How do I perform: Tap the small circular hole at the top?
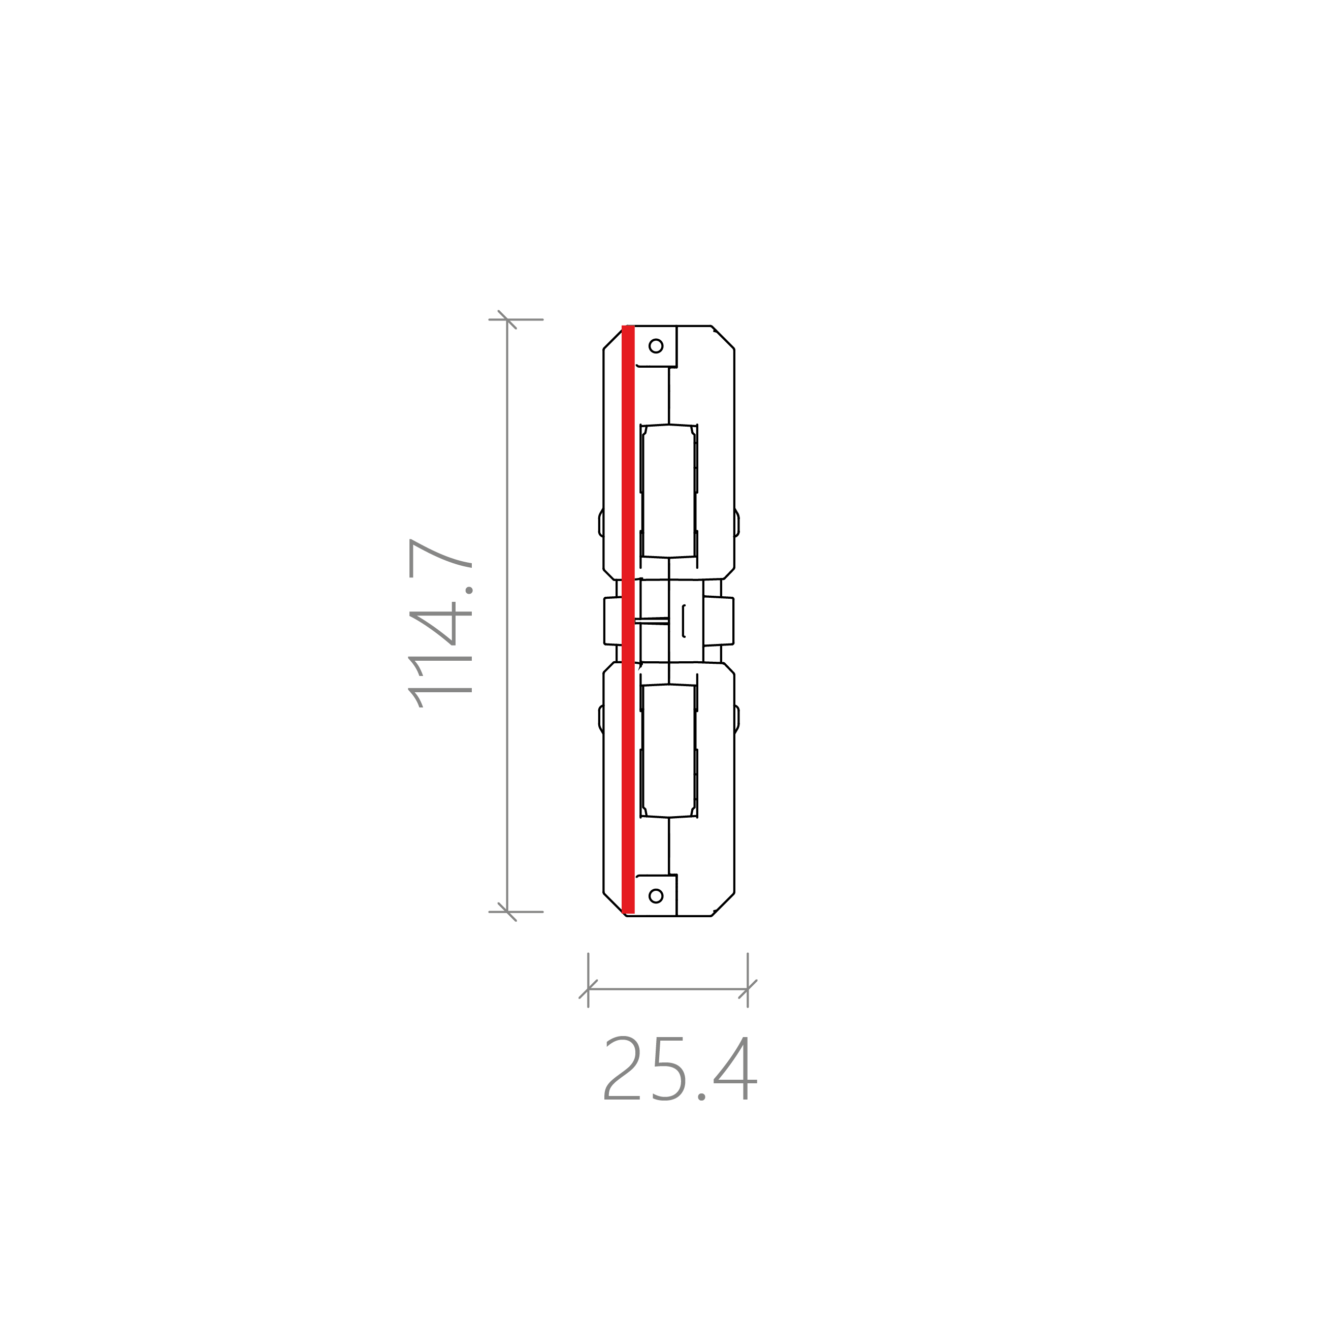pyautogui.click(x=655, y=346)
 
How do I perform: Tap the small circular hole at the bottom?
pyautogui.click(x=655, y=896)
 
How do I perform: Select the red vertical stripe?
pyautogui.click(x=628, y=620)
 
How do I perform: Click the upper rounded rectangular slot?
pyautogui.click(x=668, y=491)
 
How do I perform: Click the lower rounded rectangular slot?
pyautogui.click(x=668, y=751)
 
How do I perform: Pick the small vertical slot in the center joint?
pyautogui.click(x=684, y=621)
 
